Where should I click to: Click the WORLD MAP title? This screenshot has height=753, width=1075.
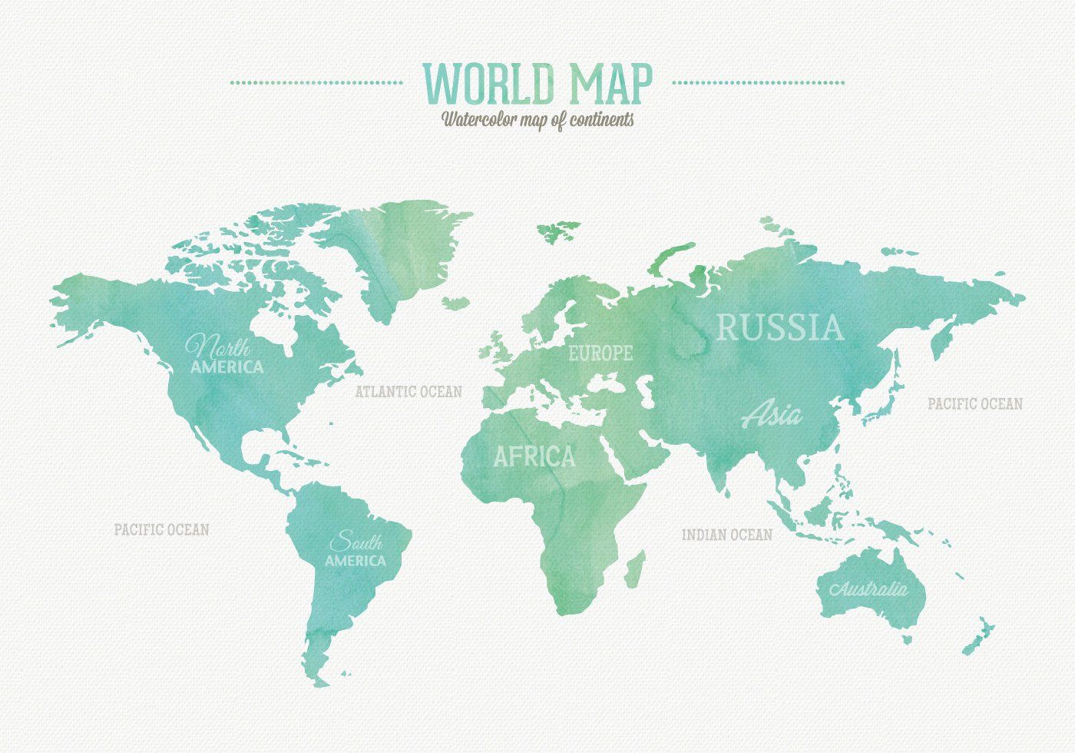[x=537, y=83]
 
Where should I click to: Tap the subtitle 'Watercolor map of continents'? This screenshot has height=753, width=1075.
[x=537, y=120]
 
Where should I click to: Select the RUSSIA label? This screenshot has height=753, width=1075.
[x=779, y=327]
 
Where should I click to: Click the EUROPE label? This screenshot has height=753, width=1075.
[x=600, y=353]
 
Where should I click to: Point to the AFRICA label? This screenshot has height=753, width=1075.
[x=534, y=457]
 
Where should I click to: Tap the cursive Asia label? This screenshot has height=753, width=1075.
[x=772, y=415]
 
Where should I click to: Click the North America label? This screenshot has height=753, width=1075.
[x=227, y=356]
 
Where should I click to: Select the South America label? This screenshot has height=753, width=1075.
[x=355, y=550]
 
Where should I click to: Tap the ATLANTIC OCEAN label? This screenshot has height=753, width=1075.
[x=408, y=392]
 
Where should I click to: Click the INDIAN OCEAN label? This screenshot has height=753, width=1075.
[x=727, y=535]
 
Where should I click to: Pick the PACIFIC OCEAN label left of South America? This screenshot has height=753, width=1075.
[x=161, y=529]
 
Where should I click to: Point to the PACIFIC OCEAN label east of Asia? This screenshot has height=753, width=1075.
[x=974, y=403]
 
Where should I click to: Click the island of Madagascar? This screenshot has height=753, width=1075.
[x=634, y=569]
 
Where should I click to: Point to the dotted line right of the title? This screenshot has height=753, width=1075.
[x=759, y=82]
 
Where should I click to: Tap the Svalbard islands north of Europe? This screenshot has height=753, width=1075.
[x=559, y=230]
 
